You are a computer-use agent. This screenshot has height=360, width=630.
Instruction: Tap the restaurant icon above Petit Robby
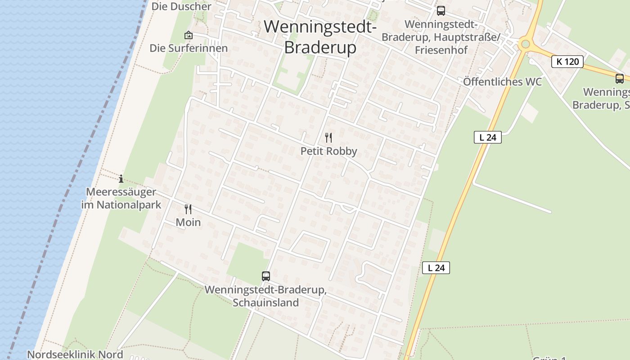(329, 137)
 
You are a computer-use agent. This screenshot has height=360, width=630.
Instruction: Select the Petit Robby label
(329, 151)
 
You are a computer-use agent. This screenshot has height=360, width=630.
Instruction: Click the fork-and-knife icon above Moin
(188, 209)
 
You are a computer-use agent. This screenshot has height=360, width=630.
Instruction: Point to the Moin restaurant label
(188, 222)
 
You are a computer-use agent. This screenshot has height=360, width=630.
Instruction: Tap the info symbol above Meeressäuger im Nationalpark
(121, 179)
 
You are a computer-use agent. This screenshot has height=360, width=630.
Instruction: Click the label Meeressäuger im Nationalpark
(121, 198)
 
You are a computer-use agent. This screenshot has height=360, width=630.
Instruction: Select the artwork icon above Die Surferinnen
(188, 35)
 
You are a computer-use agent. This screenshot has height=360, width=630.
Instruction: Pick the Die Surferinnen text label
(189, 48)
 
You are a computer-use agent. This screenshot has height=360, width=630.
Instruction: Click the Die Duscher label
(181, 6)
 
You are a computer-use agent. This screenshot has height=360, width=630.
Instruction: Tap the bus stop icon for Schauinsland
(266, 276)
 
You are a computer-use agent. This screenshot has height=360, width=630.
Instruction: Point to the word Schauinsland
(265, 302)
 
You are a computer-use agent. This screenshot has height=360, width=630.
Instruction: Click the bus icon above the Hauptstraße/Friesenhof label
(441, 10)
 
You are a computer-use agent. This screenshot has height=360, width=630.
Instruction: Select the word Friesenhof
(441, 50)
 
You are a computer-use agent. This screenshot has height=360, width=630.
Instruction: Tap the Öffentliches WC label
(502, 82)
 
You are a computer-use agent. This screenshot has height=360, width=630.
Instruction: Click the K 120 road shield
(567, 62)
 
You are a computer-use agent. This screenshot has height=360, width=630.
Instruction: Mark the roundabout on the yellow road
(525, 44)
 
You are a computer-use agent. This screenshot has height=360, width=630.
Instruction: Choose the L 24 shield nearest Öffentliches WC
(488, 137)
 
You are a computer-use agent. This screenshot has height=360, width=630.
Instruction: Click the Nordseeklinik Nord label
(75, 355)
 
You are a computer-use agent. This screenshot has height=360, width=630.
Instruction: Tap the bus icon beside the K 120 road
(620, 79)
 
